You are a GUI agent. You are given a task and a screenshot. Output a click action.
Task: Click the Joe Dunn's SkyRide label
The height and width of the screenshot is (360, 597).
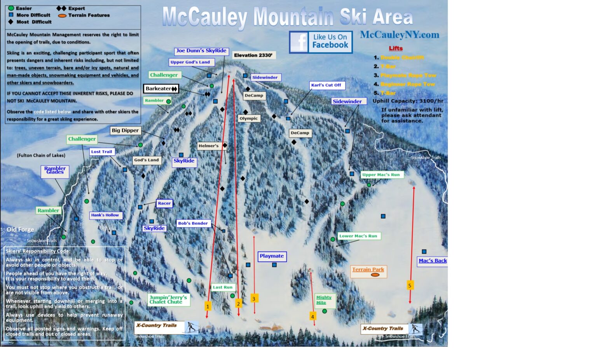[201, 51]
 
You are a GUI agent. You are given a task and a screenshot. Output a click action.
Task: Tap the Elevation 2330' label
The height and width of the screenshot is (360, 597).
[253, 55]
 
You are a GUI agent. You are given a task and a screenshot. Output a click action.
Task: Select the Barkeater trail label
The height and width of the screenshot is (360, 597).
[161, 89]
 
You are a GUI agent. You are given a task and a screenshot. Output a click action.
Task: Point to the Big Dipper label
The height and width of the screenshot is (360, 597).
[125, 130]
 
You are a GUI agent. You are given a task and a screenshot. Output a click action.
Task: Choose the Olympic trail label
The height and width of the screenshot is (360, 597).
[249, 118]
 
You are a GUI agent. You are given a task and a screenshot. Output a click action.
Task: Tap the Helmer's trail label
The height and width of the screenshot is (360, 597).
[209, 146]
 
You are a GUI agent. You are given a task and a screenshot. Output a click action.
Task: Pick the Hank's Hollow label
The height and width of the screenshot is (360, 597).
[105, 215]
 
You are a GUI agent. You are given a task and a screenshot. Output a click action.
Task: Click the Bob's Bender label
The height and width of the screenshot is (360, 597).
[193, 223]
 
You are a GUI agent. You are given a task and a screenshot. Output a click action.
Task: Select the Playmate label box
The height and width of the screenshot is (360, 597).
[272, 256]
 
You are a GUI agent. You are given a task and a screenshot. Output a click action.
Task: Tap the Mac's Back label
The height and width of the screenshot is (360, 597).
[433, 261]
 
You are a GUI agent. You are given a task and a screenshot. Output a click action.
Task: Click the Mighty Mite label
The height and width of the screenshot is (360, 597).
[324, 300]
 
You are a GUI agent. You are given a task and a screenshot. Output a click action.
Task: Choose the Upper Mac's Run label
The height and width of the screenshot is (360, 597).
[381, 175]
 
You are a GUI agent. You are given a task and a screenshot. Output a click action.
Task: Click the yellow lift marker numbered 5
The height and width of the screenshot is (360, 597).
[410, 285]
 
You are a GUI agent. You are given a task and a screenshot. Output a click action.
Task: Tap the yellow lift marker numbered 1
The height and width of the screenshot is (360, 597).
[208, 306]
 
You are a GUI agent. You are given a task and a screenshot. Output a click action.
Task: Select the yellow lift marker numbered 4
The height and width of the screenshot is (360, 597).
[312, 317]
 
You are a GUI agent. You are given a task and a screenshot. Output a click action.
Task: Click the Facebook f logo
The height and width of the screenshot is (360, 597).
[299, 42]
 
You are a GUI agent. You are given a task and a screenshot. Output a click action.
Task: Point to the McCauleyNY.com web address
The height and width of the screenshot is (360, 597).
[400, 35]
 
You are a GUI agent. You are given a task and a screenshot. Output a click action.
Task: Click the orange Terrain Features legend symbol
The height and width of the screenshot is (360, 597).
[62, 16]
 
